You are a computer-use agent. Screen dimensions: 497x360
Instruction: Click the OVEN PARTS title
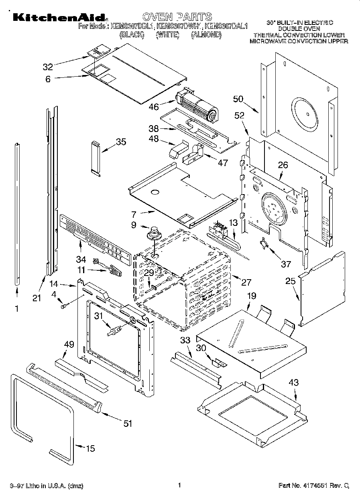177,16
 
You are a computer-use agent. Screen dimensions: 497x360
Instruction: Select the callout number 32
48,67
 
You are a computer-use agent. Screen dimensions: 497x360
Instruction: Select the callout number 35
121,142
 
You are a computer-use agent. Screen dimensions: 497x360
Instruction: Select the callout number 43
294,383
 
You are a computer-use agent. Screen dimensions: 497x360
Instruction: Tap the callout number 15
91,448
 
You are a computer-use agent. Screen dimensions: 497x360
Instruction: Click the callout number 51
127,423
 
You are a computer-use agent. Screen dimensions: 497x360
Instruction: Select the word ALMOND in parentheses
206,35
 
